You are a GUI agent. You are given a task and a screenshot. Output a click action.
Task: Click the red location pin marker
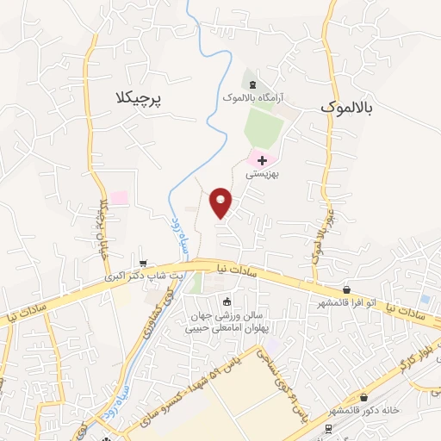(222, 202)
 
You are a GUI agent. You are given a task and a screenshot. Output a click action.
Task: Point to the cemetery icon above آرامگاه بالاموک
(252, 84)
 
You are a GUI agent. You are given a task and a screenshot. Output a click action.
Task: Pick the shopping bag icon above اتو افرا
(346, 290)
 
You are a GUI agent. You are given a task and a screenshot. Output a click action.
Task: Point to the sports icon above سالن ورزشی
(227, 301)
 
